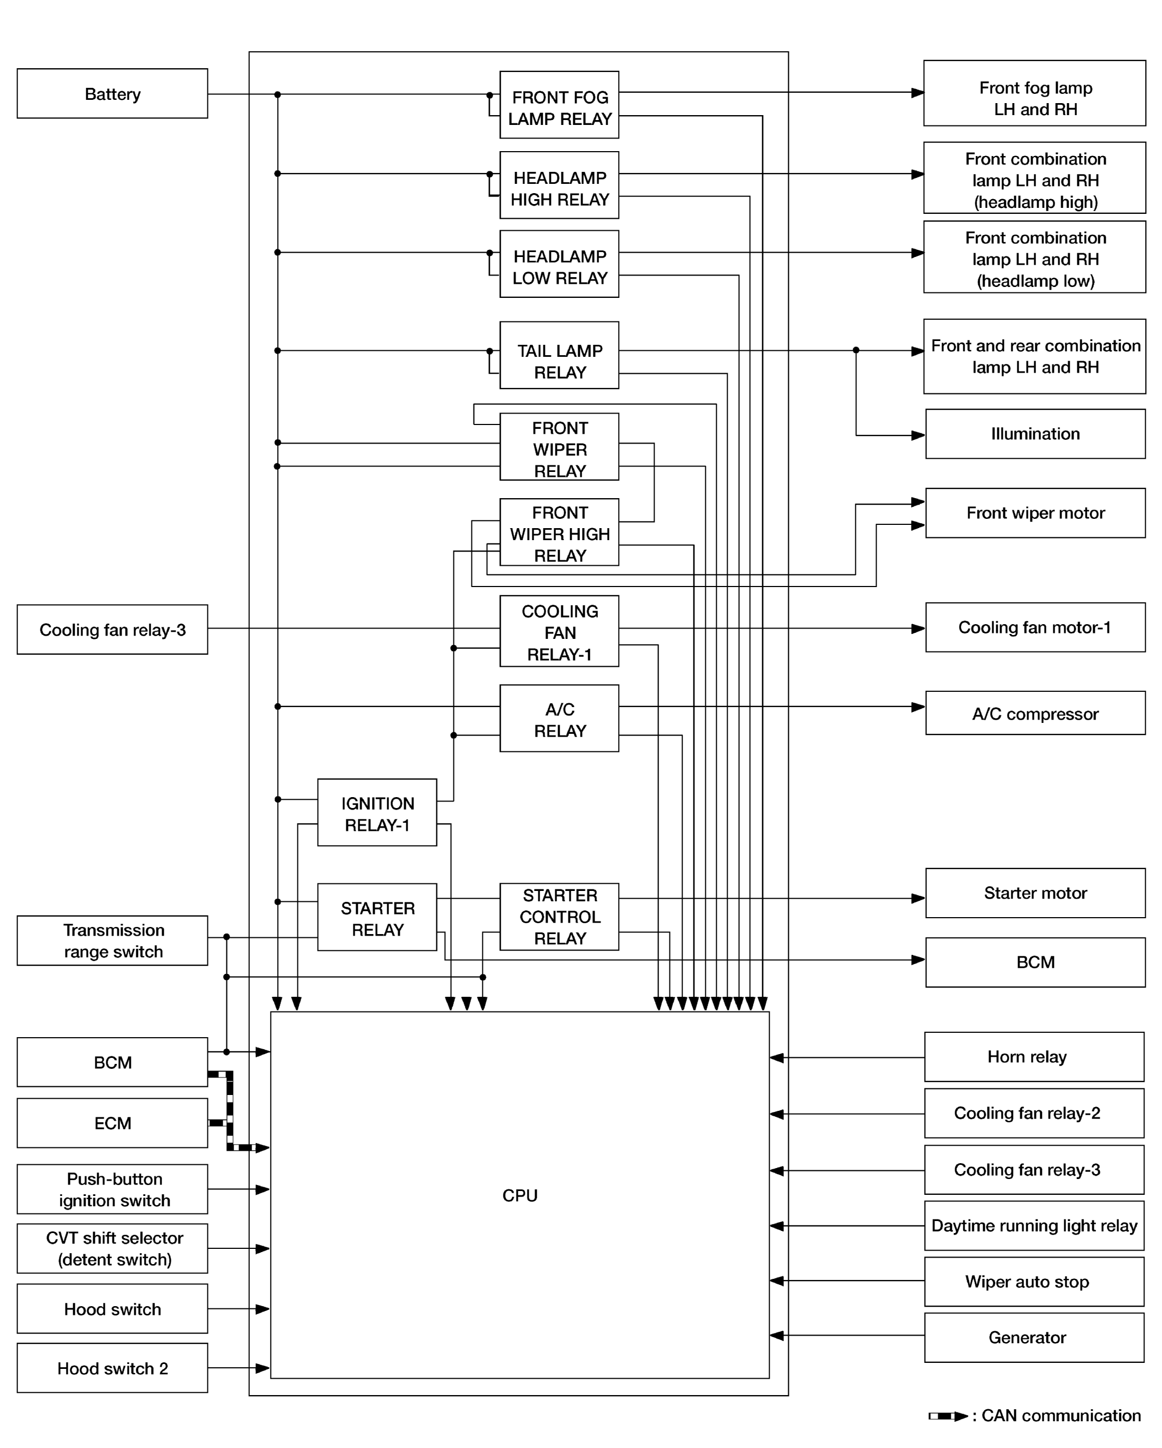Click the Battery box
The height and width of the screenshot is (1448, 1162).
pos(112,93)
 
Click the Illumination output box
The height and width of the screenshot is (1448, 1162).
pos(1034,434)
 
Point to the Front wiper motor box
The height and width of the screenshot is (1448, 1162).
pos(1034,513)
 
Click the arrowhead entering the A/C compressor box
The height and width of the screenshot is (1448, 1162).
pos(918,707)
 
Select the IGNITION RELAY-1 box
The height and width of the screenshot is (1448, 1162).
pos(377,812)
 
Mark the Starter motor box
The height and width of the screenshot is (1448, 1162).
pos(1034,893)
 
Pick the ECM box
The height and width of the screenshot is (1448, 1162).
pos(112,1123)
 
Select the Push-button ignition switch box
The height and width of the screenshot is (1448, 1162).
pos(112,1189)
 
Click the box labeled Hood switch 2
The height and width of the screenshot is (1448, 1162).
pos(112,1368)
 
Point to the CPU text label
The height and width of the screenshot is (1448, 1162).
pos(519,1195)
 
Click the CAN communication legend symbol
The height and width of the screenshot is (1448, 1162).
pos(947,1416)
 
